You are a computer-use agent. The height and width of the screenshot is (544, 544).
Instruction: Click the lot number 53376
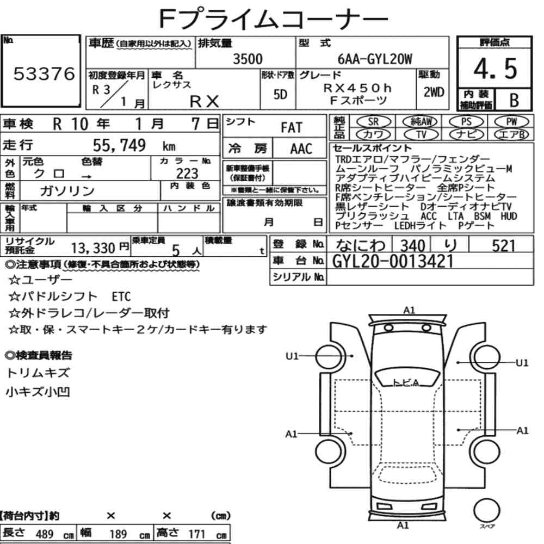click(44, 74)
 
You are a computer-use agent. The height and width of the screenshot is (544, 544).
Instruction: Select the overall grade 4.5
click(496, 69)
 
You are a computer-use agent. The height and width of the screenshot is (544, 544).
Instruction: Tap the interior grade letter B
click(514, 100)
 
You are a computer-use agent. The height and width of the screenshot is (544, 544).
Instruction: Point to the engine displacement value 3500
click(248, 59)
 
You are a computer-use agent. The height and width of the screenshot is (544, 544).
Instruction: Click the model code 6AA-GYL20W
click(375, 59)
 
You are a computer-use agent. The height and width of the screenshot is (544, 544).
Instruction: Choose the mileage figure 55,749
click(119, 145)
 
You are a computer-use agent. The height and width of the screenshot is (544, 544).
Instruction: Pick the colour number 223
click(187, 173)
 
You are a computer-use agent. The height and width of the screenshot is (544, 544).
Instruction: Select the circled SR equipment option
click(373, 122)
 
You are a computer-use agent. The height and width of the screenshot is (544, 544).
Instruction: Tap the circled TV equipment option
click(421, 134)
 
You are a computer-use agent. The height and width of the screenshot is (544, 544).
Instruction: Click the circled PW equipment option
click(511, 122)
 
